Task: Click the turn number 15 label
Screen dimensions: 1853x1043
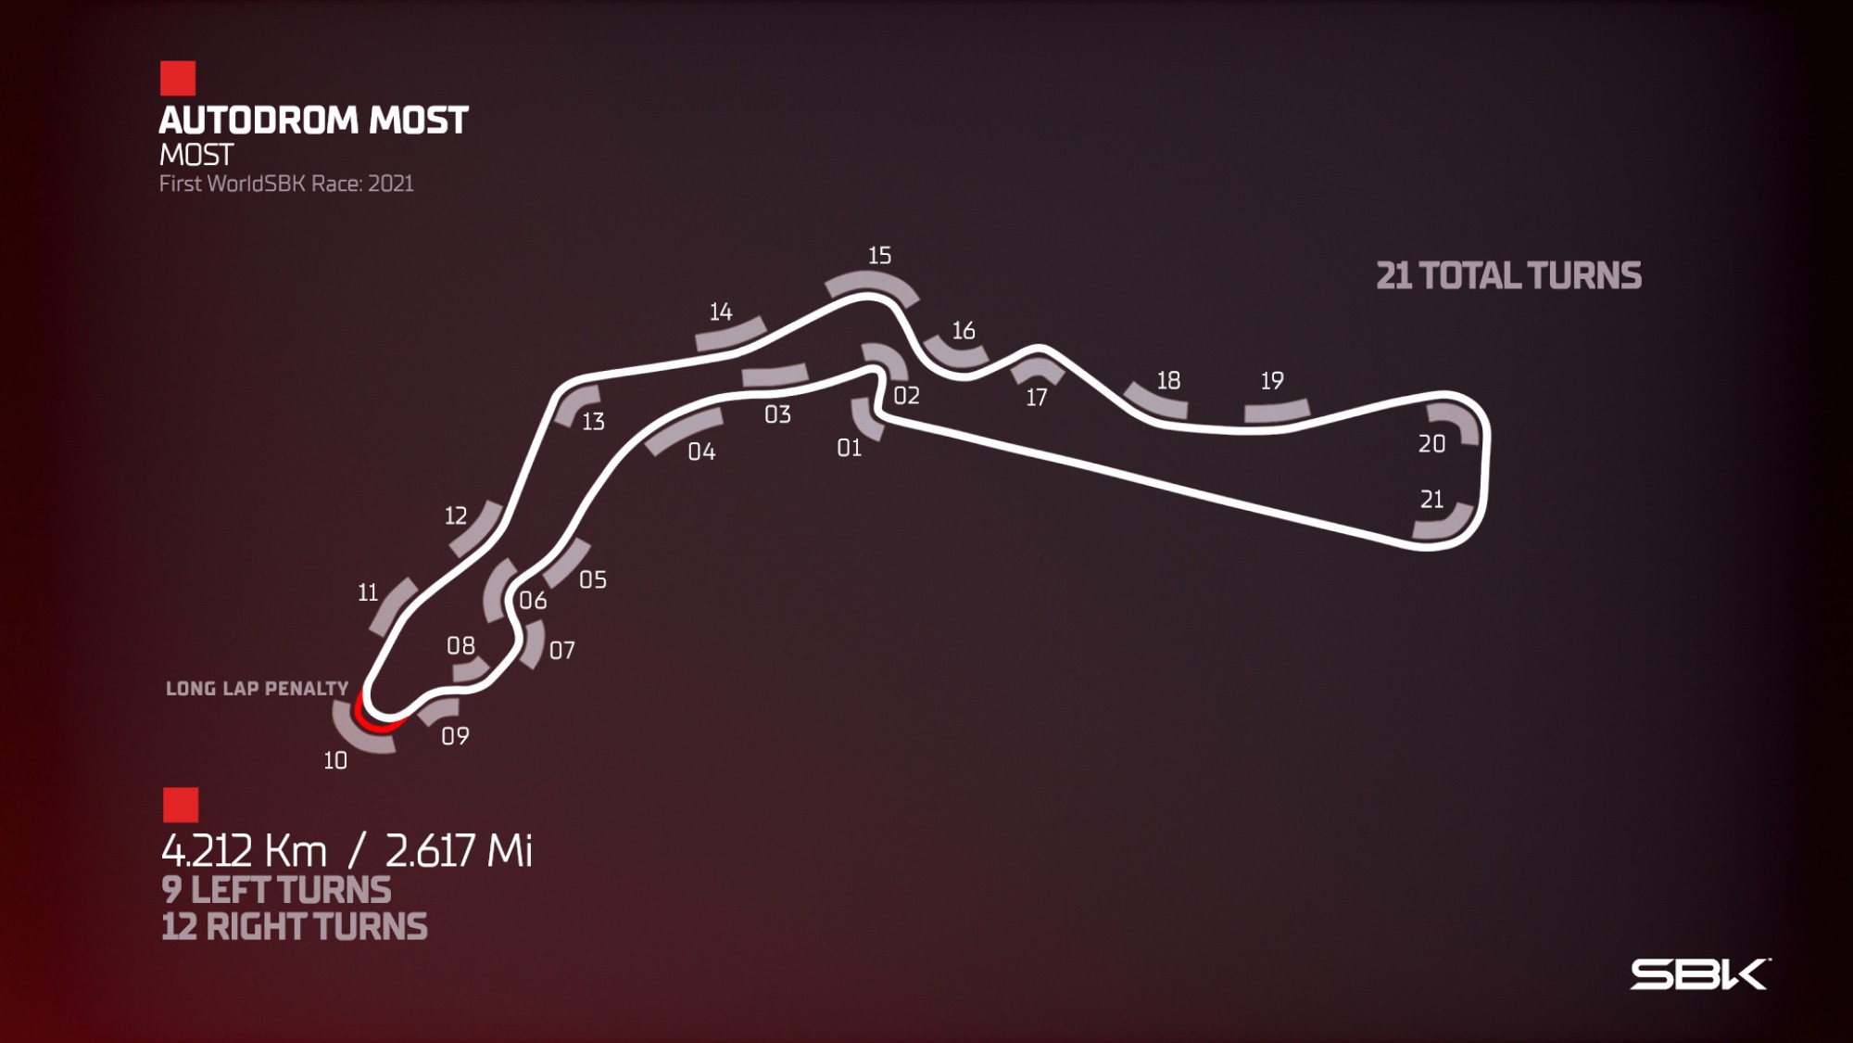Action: [879, 256]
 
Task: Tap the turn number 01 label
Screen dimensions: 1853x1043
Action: [849, 449]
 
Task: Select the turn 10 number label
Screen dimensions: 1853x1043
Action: [335, 761]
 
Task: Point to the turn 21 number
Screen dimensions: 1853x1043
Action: [1431, 500]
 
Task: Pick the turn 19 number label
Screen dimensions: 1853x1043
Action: [1272, 381]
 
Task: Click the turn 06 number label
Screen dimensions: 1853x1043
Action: [533, 601]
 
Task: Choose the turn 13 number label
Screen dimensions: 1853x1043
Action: [593, 422]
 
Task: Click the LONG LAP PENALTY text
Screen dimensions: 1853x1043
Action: [257, 689]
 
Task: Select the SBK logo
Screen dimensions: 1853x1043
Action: [1700, 974]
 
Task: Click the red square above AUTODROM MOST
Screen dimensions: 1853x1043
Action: [178, 79]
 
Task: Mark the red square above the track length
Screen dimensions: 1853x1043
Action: [181, 805]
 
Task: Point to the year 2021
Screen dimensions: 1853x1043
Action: [391, 184]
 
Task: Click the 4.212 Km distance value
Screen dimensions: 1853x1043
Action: [244, 850]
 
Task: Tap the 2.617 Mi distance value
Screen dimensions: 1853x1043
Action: [459, 850]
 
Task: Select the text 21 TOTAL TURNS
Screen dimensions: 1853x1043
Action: [1508, 276]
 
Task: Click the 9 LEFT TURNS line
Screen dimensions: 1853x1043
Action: [276, 890]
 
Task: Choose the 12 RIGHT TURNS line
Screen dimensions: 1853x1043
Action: [295, 927]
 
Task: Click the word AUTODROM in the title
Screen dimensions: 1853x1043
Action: [258, 121]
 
